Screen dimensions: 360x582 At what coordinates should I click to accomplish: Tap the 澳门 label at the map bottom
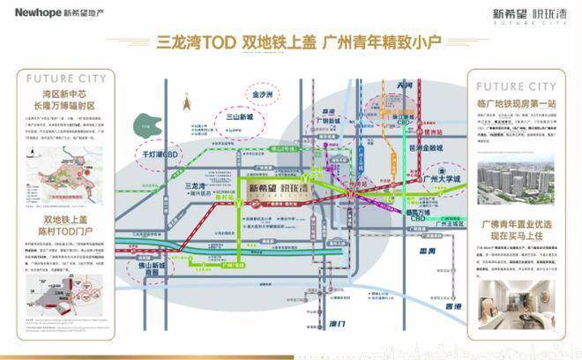pyautogui.click(x=328, y=327)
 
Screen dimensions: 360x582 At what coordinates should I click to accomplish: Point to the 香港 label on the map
pyautogui.click(x=456, y=315)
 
